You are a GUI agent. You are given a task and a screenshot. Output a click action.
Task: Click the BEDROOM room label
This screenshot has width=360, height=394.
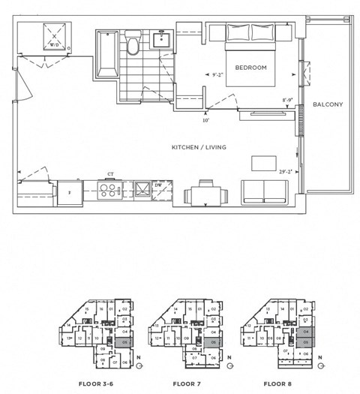click(x=250, y=68)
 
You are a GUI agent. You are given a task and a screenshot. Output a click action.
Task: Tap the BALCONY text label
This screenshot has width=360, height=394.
click(x=328, y=104)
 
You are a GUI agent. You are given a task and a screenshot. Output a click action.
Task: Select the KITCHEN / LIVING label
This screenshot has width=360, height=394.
click(x=199, y=147)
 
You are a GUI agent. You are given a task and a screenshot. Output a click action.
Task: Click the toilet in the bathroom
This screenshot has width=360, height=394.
click(x=133, y=45)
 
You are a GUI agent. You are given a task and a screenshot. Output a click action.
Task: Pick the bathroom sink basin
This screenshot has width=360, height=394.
click(x=161, y=39)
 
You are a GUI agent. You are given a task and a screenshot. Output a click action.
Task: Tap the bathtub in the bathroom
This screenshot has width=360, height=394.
click(x=104, y=49)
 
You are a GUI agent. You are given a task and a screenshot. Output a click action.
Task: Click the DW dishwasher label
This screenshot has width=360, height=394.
click(x=158, y=184)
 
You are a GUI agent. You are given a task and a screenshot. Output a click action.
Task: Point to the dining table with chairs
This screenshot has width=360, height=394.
click(x=206, y=195)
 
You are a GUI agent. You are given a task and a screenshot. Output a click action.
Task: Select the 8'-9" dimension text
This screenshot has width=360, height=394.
click(x=288, y=100)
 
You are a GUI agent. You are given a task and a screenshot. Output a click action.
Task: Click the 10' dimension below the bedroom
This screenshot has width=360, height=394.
click(x=205, y=119)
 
